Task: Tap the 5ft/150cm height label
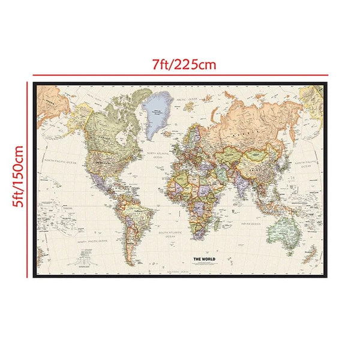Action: tap(17, 179)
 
